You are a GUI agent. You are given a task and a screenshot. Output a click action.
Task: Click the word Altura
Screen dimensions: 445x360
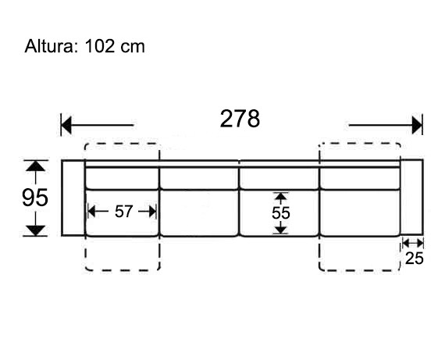pos(50,46)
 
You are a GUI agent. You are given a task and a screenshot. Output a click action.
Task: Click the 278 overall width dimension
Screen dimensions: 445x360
pos(240,119)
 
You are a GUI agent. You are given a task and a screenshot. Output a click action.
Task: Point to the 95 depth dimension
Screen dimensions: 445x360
pos(35,198)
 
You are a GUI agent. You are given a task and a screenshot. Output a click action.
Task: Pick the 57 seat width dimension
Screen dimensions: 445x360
pos(123,212)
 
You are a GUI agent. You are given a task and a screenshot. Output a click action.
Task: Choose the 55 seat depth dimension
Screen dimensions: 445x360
pos(281,213)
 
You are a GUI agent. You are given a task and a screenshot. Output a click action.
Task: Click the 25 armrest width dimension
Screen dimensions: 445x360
pos(415,258)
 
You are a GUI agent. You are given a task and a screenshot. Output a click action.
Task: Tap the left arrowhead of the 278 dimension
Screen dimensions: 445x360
pos(66,125)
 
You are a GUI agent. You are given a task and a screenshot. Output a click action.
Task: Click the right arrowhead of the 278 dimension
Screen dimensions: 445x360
pos(417,125)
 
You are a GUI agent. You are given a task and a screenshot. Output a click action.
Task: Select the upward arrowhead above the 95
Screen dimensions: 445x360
pos(35,166)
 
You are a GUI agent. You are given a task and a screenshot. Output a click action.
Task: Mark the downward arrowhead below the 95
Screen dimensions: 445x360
pos(35,230)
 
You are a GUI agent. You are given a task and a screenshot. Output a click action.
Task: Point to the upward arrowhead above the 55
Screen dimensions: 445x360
pos(281,197)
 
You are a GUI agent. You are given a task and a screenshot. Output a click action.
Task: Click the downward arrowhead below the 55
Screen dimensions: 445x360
pos(281,230)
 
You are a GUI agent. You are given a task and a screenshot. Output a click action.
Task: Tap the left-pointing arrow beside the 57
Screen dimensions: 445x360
pos(98,212)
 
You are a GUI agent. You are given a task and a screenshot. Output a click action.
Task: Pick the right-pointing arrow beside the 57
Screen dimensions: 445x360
pos(148,212)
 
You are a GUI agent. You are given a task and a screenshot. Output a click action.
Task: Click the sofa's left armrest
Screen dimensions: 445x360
pos(73,198)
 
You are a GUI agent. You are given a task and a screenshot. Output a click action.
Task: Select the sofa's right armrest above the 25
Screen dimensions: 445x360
pos(411,198)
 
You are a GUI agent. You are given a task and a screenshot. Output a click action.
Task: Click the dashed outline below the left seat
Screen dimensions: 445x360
pos(123,270)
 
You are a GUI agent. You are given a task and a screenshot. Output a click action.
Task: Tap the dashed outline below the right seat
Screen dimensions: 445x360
pos(360,270)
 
